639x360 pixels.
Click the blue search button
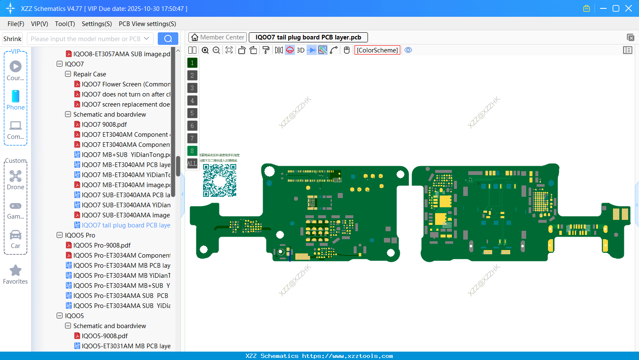tap(168, 39)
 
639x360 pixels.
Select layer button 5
tap(192, 113)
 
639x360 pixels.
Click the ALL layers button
tap(192, 164)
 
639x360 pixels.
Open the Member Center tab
tap(217, 37)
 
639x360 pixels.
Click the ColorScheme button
tap(377, 50)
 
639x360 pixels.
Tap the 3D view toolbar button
tap(300, 50)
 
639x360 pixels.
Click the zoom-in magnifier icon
tap(205, 50)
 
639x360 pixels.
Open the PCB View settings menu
tap(147, 24)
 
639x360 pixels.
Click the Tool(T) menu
tap(65, 24)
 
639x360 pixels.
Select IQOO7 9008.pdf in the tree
tap(104, 125)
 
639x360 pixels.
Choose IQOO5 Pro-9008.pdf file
tap(102, 245)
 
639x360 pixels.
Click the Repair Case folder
tap(90, 74)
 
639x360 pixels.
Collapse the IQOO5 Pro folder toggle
tap(60, 235)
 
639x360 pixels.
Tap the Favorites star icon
tap(16, 271)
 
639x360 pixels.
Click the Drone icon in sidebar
tap(16, 176)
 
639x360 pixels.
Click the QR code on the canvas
tap(219, 180)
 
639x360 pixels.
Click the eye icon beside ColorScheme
tap(408, 50)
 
